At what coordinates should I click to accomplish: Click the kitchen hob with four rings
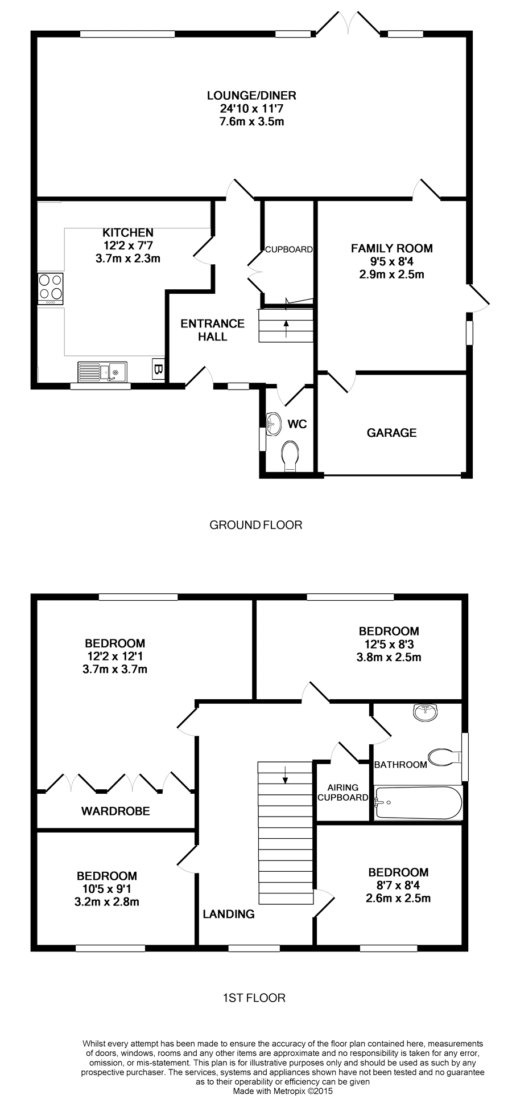[51, 289]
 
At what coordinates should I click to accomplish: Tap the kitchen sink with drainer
[103, 371]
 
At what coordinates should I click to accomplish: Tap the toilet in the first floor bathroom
[445, 757]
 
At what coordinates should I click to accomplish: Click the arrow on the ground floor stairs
[286, 328]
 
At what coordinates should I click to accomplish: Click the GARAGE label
[391, 433]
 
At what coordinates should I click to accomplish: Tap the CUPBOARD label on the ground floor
[289, 249]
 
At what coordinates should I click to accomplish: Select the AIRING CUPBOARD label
[343, 793]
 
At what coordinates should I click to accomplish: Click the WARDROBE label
[115, 811]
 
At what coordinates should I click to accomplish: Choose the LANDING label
[229, 914]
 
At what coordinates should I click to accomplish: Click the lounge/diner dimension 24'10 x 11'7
[251, 108]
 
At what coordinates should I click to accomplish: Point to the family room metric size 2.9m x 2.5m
[391, 274]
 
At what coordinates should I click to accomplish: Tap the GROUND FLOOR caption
[256, 524]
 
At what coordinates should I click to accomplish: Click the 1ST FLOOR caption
[254, 997]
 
